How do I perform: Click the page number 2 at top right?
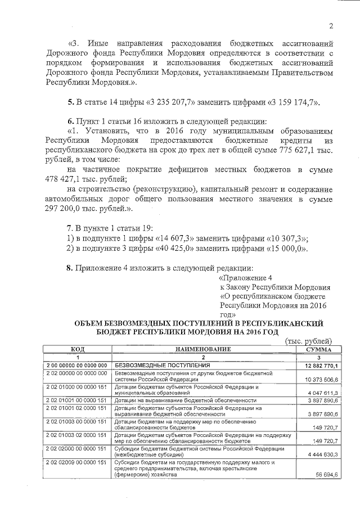[x=331, y=26]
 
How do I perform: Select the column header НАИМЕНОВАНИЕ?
[x=204, y=349]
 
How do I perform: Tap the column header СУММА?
[x=318, y=349]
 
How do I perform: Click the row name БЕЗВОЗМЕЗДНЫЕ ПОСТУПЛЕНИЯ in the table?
[x=154, y=366]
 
